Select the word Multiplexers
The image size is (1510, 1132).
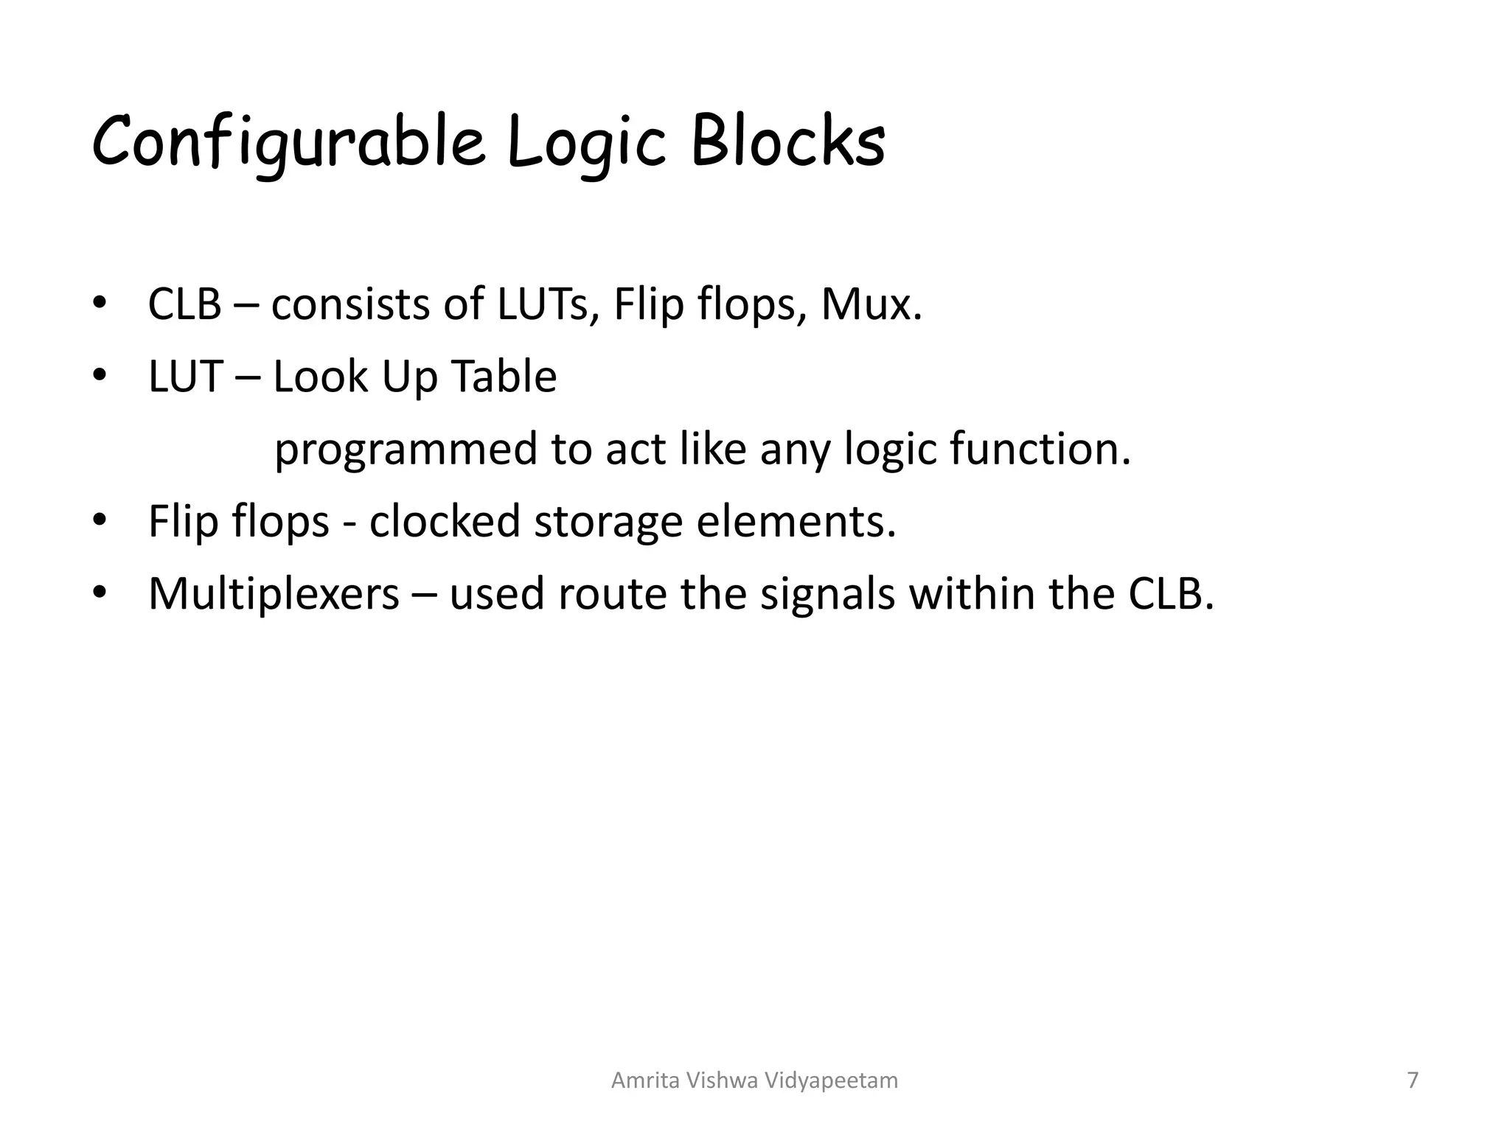(274, 594)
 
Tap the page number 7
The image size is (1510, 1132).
(1413, 1080)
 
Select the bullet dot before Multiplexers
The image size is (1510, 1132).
(100, 593)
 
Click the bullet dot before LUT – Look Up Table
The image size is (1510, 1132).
(100, 376)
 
